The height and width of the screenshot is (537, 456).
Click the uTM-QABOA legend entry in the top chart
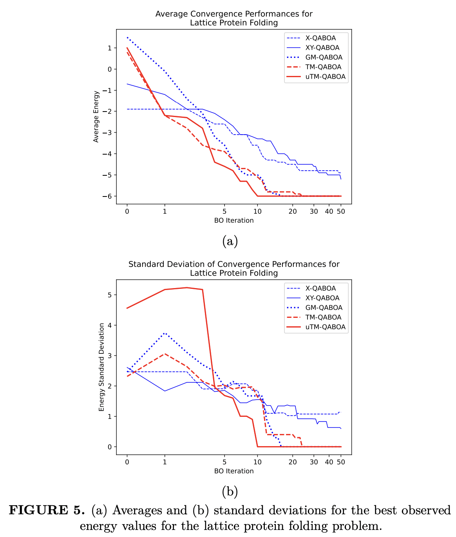tap(325, 77)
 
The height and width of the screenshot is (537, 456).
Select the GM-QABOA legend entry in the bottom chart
tap(324, 308)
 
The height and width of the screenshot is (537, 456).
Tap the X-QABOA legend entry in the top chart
tap(320, 38)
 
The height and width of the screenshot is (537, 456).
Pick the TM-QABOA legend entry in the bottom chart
tap(323, 317)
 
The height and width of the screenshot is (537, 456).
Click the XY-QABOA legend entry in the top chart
tap(322, 48)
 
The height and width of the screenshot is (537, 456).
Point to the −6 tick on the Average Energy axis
tap(107, 196)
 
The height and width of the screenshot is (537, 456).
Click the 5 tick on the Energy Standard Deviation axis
tap(109, 295)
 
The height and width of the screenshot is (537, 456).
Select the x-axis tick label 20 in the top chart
tap(293, 211)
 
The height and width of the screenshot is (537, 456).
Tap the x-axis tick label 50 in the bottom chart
tap(341, 462)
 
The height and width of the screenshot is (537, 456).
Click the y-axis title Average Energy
tap(96, 117)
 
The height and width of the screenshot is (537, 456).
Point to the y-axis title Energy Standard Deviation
tap(101, 367)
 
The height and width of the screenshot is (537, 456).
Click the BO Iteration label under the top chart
tap(234, 220)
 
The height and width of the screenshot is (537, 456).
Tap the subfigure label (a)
tap(230, 241)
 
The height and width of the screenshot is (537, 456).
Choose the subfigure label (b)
tap(230, 491)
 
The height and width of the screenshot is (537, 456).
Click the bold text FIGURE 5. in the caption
tap(47, 510)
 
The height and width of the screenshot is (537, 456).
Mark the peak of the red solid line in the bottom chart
tap(187, 288)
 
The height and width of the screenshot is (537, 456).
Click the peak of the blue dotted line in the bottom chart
tap(165, 333)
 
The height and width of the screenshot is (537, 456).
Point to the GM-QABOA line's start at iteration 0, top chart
tap(127, 38)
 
